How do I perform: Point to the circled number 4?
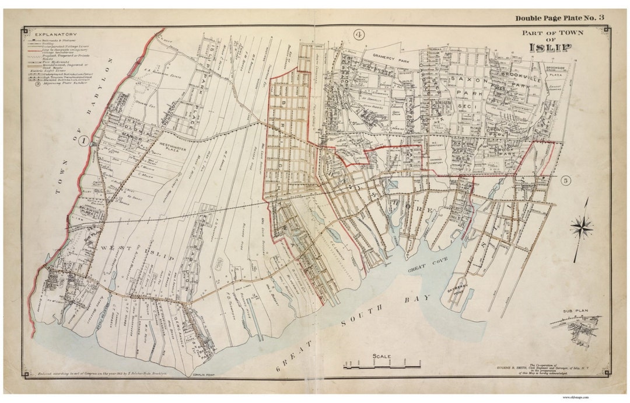[359, 35]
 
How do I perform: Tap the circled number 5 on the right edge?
[565, 181]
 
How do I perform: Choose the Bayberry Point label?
[456, 289]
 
